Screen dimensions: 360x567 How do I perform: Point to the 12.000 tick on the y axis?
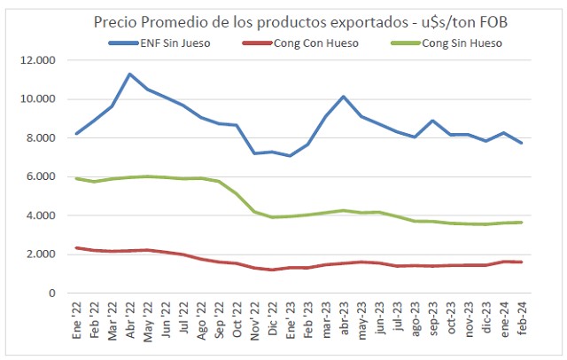40,60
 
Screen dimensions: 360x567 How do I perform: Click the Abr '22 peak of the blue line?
130,74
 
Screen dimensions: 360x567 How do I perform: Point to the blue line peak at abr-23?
343,97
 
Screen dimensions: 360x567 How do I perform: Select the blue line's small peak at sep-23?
431,121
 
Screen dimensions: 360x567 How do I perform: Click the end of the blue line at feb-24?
520,143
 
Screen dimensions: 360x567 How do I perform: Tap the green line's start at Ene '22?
77,178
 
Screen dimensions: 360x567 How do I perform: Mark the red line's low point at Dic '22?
272,270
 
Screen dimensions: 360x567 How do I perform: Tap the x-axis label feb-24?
520,318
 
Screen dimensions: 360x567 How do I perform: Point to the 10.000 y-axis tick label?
40,99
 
